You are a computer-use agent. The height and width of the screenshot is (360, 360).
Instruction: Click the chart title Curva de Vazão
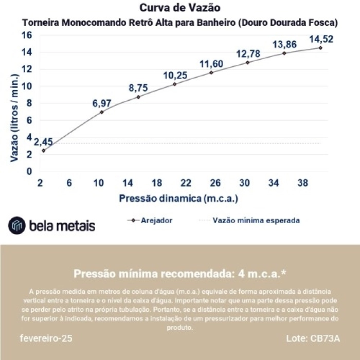180,8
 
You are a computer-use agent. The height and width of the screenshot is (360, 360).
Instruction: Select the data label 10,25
175,75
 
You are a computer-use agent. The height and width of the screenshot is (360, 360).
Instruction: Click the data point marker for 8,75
138,97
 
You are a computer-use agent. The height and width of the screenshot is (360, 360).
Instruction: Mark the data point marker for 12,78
247,62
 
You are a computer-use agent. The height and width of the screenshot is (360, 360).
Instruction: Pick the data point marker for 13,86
284,53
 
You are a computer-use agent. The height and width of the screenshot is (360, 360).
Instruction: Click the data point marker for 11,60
211,73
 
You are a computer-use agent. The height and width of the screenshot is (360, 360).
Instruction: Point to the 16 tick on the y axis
26,35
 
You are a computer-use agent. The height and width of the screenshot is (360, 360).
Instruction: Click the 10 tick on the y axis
26,86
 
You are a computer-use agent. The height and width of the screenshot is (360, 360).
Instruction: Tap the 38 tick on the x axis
303,183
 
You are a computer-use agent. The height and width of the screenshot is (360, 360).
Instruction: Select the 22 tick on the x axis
186,183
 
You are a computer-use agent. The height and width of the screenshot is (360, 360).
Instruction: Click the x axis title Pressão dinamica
178,198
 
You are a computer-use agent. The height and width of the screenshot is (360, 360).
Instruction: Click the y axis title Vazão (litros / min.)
14,118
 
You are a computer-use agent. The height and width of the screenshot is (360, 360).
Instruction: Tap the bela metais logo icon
17,225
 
